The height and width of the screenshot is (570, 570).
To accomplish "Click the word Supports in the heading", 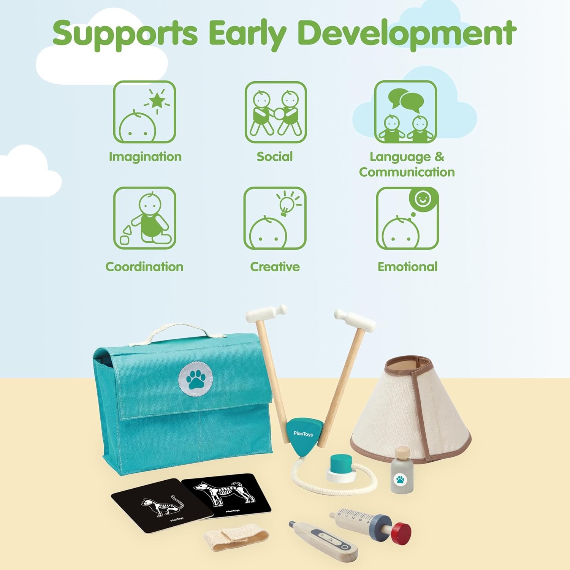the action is click(x=125, y=33).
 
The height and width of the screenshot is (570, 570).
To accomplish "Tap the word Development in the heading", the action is click(x=407, y=33).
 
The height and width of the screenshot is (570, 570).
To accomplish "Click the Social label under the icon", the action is click(x=275, y=157).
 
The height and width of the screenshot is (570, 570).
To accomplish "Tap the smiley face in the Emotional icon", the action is click(x=423, y=199).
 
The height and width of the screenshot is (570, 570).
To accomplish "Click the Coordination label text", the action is click(x=144, y=267).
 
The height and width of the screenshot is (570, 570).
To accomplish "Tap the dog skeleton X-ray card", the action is click(x=226, y=494).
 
